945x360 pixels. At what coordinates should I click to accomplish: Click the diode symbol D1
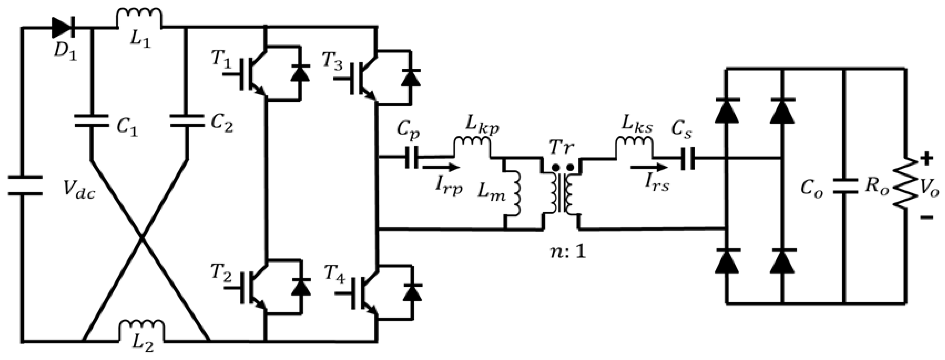coord(63,27)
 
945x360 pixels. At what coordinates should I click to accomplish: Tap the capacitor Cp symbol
coord(412,158)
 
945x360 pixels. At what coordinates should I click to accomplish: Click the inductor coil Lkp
coord(472,145)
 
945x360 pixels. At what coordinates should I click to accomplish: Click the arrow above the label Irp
coord(441,167)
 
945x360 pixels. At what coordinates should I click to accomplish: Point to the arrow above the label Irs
coord(649,167)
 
